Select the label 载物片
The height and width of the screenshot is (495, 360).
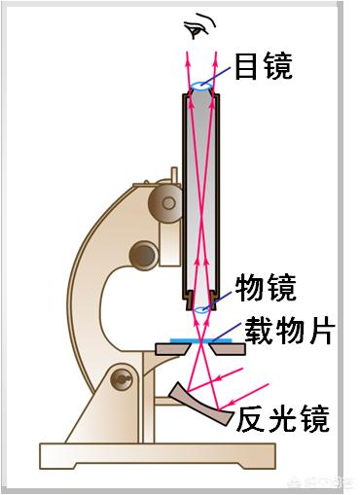286,332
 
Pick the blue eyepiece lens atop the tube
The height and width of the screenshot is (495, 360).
202,87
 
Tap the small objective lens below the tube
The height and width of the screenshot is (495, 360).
202,309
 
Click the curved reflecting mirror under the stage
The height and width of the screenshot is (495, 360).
200,404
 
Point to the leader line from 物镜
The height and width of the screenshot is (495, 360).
222,301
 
